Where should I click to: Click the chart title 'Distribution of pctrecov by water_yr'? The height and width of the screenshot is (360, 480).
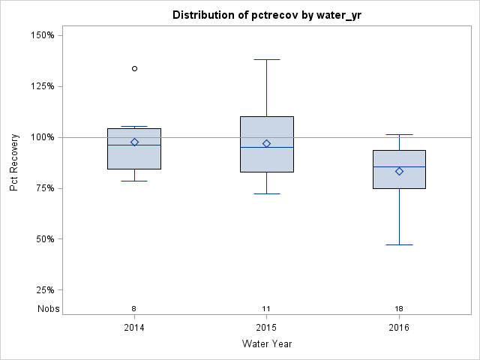pos(266,15)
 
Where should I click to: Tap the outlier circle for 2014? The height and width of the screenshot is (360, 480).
pos(134,68)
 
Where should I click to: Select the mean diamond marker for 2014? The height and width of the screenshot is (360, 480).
pos(134,142)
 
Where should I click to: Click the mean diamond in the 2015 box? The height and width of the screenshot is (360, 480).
pos(266,143)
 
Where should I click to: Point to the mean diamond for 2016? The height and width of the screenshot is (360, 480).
pos(399,171)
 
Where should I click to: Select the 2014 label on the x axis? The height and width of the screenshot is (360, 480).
pos(134,328)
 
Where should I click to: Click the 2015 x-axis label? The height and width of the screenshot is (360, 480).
pos(266,328)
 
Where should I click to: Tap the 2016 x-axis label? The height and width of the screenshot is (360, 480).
pos(399,328)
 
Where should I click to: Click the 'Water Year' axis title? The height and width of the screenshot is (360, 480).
pos(266,344)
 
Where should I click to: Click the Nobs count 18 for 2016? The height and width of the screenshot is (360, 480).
pos(399,308)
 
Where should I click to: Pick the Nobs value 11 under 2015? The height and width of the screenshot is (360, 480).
pos(266,308)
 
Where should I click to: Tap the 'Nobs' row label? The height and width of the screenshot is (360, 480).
pos(46,308)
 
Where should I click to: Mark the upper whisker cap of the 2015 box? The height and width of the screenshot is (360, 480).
pos(266,59)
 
